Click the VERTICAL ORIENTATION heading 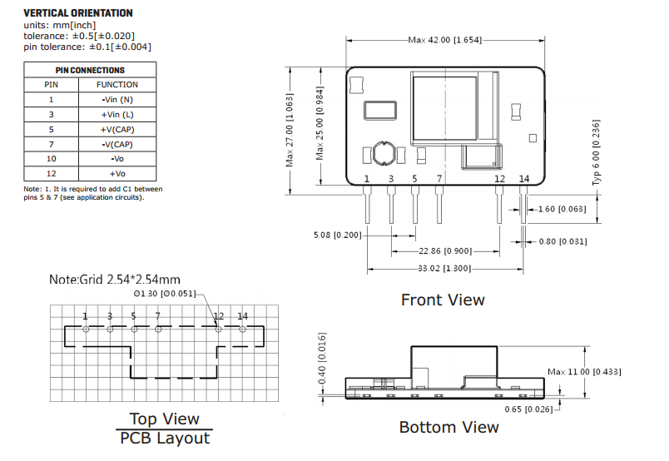coord(78,13)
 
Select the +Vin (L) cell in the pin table coord(117,114)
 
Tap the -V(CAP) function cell coord(117,144)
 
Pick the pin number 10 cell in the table coord(52,159)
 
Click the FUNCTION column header coord(117,85)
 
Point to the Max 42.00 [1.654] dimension coord(445,40)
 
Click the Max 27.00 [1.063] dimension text coord(290,130)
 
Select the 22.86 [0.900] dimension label coord(445,251)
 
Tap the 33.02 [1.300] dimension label coord(444,269)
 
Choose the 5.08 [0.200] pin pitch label coord(338,235)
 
